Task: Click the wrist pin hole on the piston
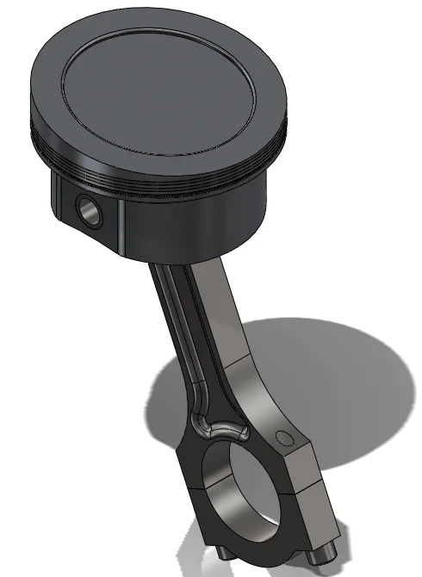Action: pyautogui.click(x=87, y=208)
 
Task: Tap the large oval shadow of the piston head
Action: pyautogui.click(x=336, y=379)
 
